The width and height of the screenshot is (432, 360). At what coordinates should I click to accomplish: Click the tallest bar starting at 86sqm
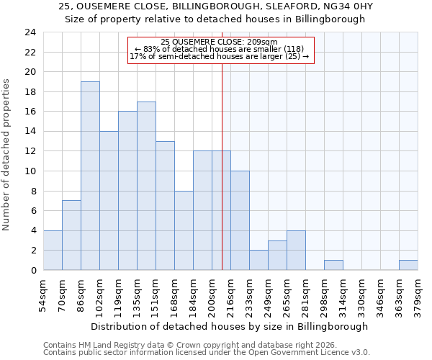[90, 176]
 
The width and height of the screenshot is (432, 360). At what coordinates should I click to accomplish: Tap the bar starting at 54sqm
[53, 250]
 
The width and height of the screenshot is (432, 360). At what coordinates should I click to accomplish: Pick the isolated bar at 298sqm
[333, 265]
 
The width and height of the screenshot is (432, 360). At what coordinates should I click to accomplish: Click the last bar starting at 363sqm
[408, 265]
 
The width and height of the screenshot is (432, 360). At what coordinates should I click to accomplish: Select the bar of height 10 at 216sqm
[240, 220]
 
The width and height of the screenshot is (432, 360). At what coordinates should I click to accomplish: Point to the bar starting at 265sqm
[296, 250]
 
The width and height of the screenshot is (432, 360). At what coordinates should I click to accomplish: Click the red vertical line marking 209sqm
[222, 180]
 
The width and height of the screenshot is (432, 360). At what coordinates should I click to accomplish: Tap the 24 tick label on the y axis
[30, 32]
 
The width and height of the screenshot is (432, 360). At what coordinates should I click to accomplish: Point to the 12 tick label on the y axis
[30, 151]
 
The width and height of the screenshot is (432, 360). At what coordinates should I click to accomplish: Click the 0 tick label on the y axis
[32, 270]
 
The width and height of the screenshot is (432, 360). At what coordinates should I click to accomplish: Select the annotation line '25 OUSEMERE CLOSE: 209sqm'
[221, 42]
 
